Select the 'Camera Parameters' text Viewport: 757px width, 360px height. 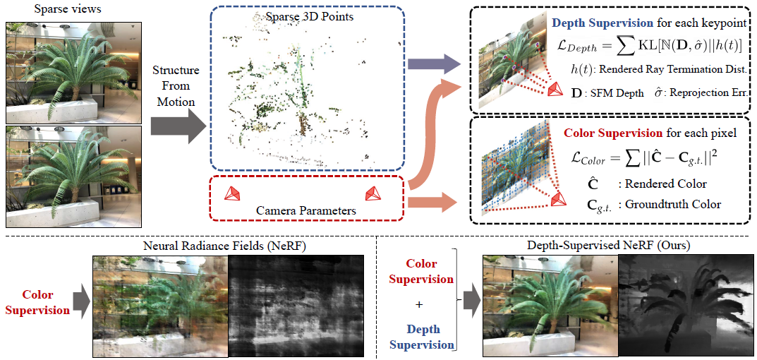pos(306,210)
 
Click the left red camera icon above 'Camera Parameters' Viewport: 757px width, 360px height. pos(230,193)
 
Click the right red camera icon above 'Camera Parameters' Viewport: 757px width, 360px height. pos(373,193)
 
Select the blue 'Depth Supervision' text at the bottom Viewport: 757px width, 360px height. pos(421,337)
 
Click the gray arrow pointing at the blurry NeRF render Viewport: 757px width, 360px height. pos(81,302)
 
